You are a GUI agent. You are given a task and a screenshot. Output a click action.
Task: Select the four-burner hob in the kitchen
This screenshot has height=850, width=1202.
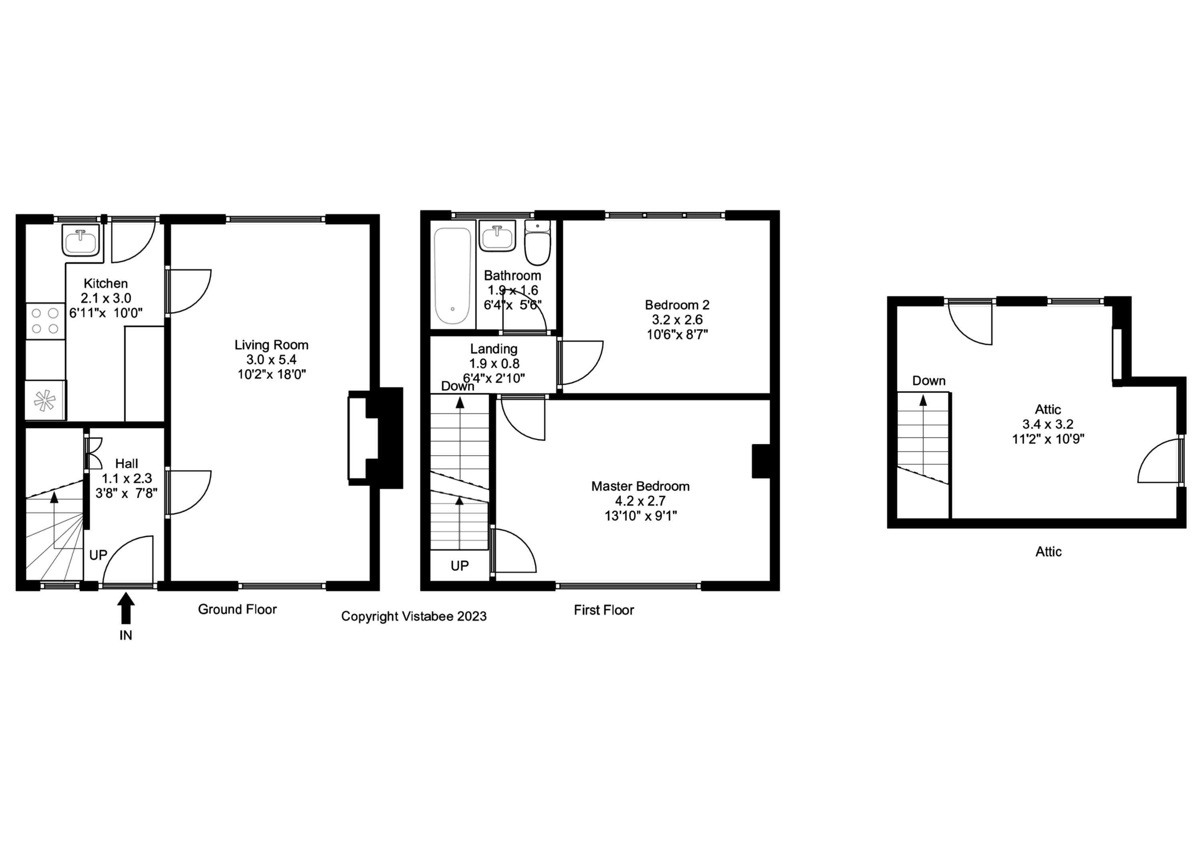pos(45,321)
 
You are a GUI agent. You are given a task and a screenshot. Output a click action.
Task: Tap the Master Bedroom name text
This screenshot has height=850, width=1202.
pos(640,486)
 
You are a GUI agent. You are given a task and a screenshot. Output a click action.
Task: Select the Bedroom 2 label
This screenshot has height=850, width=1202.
pos(677,305)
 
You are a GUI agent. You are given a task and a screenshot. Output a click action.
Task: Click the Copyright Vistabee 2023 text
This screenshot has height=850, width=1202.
pos(413,616)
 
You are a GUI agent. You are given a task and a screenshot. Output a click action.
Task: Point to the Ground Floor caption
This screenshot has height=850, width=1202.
pos(237,609)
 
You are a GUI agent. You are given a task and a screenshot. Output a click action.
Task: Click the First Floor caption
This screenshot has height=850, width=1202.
pos(604,610)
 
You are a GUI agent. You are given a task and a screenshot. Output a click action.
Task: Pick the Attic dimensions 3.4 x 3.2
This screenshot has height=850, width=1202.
pos(1048,424)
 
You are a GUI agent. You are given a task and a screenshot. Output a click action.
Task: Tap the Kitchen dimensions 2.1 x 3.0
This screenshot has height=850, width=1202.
pos(106,298)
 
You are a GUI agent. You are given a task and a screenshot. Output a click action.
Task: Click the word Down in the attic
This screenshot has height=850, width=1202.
pos(929,381)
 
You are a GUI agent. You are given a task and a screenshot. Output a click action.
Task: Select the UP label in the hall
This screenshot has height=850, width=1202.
pos(98,555)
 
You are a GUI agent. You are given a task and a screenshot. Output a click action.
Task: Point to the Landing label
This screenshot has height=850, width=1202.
pos(493,349)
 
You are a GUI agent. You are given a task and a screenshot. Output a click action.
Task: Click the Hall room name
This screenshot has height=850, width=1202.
pos(126,463)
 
